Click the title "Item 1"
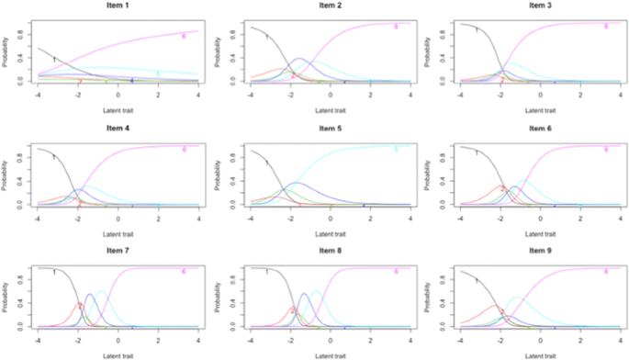tap(118, 6)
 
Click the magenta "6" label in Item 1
tap(184, 36)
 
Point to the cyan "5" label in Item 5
tap(396, 150)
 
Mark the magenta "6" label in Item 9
tap(606, 273)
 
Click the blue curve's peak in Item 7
tap(91, 295)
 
